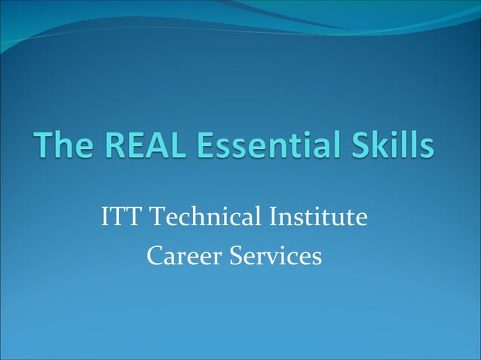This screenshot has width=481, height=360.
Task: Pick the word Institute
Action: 317,219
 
